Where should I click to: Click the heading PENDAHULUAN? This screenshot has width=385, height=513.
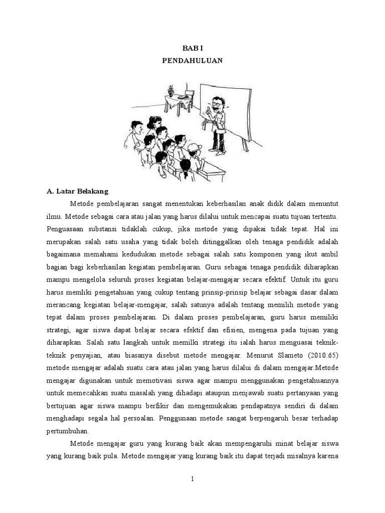tap(192, 61)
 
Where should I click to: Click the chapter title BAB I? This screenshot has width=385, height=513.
tap(192, 48)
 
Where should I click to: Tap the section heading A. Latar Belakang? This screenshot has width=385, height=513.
tap(80, 191)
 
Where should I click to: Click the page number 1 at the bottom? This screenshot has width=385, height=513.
tap(192, 479)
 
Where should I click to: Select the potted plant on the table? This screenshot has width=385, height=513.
tap(171, 92)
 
